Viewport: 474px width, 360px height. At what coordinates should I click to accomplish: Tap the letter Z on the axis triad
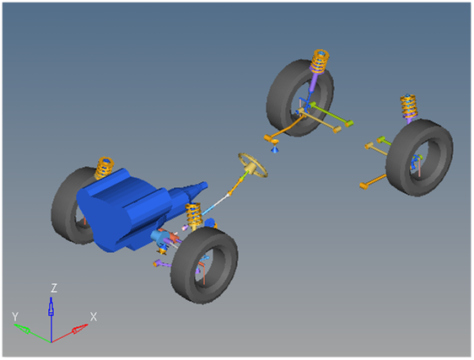pos(54,288)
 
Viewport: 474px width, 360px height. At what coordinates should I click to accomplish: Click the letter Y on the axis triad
pos(15,316)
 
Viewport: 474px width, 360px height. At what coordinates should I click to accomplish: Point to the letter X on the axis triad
pos(94,317)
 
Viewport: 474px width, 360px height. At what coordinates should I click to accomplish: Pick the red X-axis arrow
pos(69,333)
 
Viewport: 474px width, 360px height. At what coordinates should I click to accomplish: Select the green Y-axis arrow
pos(32,333)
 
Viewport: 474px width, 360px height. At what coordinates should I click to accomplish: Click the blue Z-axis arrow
pos(51,320)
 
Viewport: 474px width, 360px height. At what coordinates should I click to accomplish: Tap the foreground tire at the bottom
pos(204,266)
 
